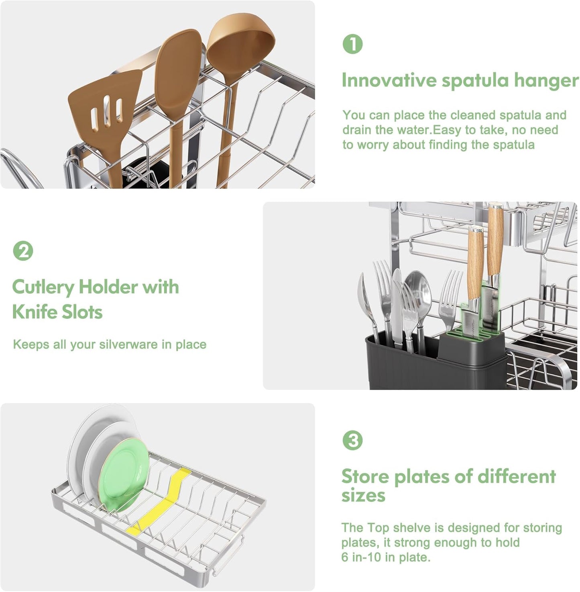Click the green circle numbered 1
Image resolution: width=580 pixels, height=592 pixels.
tap(352, 44)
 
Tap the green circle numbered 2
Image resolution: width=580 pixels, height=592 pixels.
tap(23, 251)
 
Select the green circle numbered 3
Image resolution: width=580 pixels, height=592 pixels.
tap(352, 440)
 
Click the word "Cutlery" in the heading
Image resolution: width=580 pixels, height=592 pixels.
tap(43, 287)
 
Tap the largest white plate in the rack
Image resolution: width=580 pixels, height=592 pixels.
tap(86, 442)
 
